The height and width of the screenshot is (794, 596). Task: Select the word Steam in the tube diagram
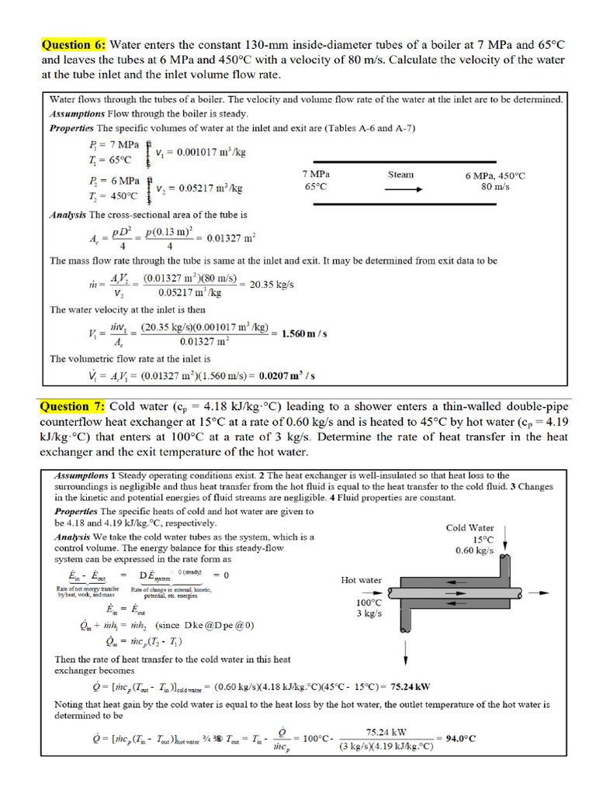pos(400,174)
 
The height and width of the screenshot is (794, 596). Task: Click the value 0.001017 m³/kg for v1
pos(200,153)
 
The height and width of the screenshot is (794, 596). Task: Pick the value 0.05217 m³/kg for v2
pos(199,188)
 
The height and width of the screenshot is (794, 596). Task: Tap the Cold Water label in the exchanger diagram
pos(470,528)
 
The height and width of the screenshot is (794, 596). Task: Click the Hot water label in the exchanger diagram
pos(361,580)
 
